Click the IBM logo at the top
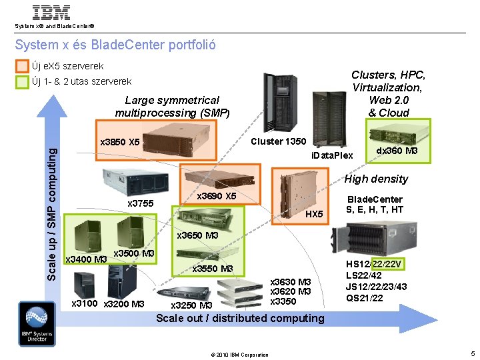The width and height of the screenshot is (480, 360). (51, 13)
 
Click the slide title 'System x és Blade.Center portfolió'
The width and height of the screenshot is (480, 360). (115, 45)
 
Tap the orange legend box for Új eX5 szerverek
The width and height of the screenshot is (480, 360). (23, 67)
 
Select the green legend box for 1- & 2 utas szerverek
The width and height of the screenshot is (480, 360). (23, 82)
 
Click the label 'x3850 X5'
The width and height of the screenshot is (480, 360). (119, 142)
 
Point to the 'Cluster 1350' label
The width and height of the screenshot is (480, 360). (278, 141)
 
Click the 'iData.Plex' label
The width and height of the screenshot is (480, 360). (332, 155)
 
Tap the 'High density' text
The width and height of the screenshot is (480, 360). (376, 179)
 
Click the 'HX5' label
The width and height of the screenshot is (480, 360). (314, 213)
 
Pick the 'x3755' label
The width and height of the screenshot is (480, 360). (140, 203)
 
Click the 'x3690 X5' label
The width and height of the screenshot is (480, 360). (217, 196)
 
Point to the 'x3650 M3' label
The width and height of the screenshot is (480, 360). (197, 235)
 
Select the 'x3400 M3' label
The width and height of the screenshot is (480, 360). (85, 259)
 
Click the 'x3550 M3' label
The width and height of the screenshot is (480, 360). (212, 269)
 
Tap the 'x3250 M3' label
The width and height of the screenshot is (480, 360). (191, 305)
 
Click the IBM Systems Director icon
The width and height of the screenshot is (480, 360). (37, 323)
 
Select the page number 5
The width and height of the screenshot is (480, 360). (472, 353)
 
